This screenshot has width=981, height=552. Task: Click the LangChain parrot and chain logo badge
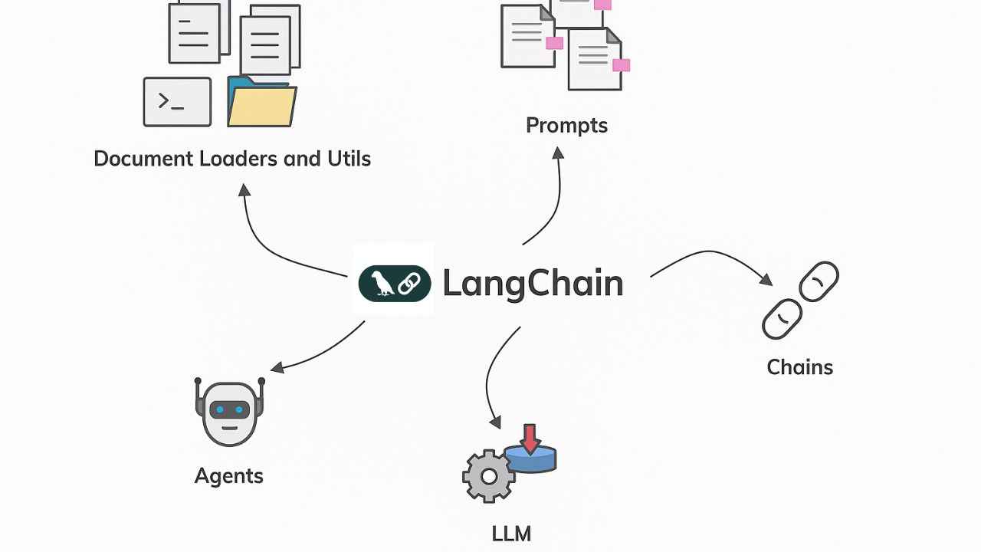[395, 284]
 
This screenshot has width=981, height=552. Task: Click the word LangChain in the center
[533, 284]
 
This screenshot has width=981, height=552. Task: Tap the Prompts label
[566, 125]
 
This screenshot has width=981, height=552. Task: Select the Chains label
[799, 366]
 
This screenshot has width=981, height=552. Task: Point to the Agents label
[228, 475]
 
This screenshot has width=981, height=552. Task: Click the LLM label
[511, 534]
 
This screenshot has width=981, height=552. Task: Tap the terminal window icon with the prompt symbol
[177, 102]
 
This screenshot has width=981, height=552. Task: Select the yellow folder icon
[261, 106]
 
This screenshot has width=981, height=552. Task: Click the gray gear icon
[488, 476]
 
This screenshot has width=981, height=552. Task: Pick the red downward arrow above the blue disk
[530, 438]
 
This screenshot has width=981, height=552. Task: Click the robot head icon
[229, 412]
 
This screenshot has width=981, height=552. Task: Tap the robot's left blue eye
[220, 410]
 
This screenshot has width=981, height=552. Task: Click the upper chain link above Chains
[819, 281]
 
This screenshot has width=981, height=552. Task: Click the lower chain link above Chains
[782, 319]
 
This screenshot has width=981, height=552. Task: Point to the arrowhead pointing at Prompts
[558, 153]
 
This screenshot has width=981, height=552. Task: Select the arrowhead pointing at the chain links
[766, 279]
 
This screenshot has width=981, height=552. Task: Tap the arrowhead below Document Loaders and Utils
[244, 189]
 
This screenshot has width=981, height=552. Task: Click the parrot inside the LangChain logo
[381, 284]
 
